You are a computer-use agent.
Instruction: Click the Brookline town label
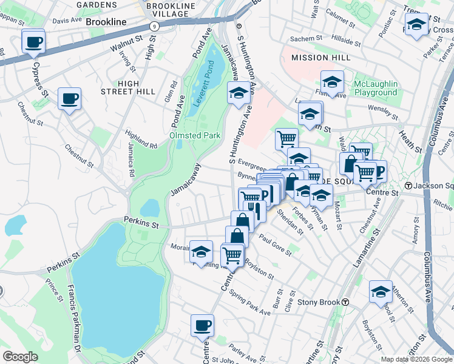106,21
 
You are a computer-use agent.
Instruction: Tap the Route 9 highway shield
155,26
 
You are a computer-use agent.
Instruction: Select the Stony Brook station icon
345,302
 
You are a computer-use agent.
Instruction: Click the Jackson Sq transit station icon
409,186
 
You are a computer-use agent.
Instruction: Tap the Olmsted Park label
195,135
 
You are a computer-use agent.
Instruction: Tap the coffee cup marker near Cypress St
33,42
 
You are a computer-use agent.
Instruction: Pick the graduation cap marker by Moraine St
201,251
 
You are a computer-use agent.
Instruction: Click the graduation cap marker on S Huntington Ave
238,93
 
